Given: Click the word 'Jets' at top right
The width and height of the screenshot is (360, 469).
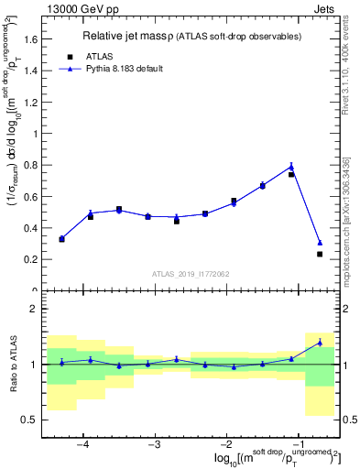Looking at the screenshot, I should pos(325,8).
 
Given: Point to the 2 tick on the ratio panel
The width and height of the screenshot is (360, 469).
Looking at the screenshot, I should pos(34,310).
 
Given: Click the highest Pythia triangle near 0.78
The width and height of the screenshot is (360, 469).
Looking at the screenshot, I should pos(291,167).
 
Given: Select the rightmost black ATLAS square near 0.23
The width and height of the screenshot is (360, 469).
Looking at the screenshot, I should pos(320,254).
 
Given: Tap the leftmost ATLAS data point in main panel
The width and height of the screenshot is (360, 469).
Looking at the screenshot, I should pos(61,239).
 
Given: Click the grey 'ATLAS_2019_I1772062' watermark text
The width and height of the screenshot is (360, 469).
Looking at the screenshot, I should pos(191,273).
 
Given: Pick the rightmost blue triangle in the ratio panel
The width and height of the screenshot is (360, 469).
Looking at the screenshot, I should pos(320,343).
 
